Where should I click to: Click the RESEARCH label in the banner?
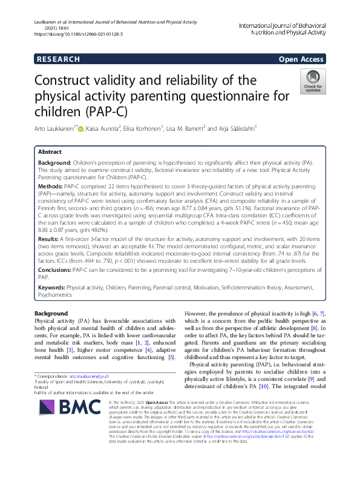57,59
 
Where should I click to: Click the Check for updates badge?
312,82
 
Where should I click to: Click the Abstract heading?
50,153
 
